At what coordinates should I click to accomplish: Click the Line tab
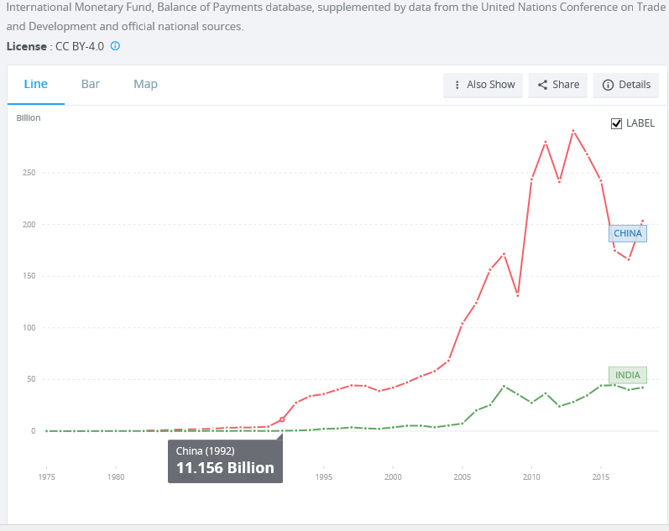coord(36,85)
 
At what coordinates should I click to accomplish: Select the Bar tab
coord(91,85)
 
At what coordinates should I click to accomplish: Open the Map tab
coord(145,85)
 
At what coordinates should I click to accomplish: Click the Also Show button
coord(483,85)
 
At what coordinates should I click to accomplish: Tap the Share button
coord(557,85)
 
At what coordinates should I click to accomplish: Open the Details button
coord(626,85)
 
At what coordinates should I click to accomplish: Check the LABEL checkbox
coord(616,123)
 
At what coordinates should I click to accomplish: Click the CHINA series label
coord(628,234)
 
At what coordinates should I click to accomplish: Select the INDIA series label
coord(628,375)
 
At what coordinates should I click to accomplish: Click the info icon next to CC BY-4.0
coord(115,46)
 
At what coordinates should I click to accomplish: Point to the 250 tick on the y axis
coord(29,173)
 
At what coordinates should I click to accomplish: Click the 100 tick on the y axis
coord(29,327)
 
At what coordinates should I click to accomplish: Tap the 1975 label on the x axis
coord(46,476)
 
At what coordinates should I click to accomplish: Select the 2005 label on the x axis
coord(462,476)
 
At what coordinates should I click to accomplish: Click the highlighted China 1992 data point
coord(282,419)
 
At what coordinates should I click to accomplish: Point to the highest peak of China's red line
coord(573,131)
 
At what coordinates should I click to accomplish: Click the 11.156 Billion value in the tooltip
coord(225,468)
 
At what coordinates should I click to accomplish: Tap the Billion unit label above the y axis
coord(29,117)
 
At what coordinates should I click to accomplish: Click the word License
coord(27,46)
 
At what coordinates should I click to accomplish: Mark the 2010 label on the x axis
coord(531,476)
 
